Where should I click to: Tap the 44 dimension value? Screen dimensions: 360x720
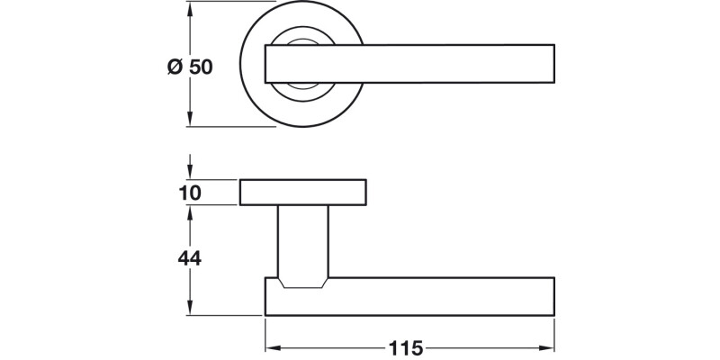pyautogui.click(x=189, y=258)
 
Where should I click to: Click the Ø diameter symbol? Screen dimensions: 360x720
pyautogui.click(x=175, y=67)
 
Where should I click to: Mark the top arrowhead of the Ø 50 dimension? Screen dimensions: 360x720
pyautogui.click(x=190, y=10)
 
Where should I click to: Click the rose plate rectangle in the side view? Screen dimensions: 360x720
pyautogui.click(x=303, y=192)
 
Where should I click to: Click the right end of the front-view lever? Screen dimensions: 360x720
pyautogui.click(x=550, y=64)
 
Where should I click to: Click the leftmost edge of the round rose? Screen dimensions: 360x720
pyautogui.click(x=242, y=64)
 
